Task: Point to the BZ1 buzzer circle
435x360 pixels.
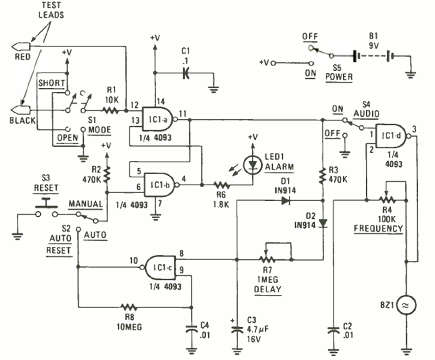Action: pos(407,305)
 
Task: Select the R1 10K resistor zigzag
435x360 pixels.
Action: pos(111,111)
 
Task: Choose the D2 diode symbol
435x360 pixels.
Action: pos(323,223)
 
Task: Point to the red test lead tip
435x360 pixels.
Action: pos(20,47)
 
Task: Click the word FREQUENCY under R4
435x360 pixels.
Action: pos(378,229)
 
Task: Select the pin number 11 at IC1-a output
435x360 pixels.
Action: pos(183,114)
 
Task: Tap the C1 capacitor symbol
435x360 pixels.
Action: pos(186,74)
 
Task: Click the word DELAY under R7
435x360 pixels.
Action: pos(268,289)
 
